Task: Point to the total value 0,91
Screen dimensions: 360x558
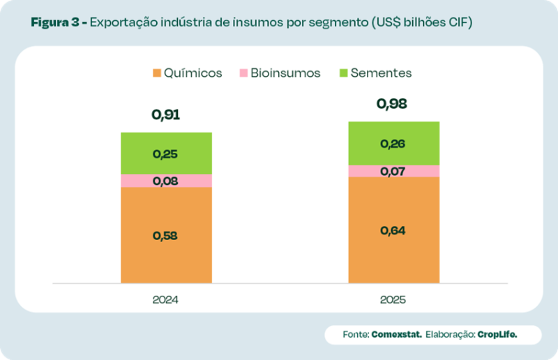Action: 166,114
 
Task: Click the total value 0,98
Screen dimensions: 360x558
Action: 393,104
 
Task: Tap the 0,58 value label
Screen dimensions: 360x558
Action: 166,236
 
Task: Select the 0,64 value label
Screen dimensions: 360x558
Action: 393,231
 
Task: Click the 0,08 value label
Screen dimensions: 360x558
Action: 166,181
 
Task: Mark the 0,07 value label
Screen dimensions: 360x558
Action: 393,172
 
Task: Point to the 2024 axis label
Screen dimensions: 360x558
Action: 166,300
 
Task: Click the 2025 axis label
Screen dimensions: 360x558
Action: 393,300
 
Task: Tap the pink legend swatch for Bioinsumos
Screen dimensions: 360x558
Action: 243,73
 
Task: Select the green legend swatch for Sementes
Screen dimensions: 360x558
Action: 343,73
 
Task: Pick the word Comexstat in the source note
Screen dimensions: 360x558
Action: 396,335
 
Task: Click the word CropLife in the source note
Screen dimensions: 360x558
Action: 498,335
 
